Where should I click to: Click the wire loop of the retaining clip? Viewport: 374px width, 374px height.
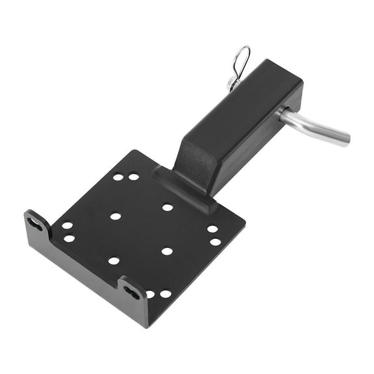pyautogui.click(x=242, y=59)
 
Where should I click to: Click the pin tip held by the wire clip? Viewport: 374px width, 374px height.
pyautogui.click(x=232, y=82)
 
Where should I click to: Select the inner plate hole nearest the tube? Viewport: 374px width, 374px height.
pyautogui.click(x=168, y=207)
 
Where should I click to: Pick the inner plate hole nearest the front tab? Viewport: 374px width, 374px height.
pyautogui.click(x=114, y=261)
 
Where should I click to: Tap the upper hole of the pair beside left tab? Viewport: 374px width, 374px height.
pyautogui.click(x=67, y=225)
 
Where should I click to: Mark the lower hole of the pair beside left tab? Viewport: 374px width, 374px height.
pyautogui.click(x=69, y=238)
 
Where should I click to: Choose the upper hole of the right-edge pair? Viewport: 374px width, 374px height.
pyautogui.click(x=212, y=229)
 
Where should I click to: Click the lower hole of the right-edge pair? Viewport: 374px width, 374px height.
pyautogui.click(x=215, y=242)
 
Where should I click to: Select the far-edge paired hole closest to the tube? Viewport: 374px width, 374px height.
pyautogui.click(x=134, y=176)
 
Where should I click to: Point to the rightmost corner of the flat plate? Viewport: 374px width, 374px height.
pyautogui.click(x=244, y=224)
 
